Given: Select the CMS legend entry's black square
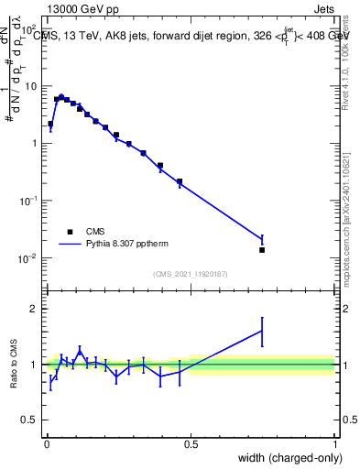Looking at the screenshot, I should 70,233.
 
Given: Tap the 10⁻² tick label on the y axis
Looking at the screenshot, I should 29,257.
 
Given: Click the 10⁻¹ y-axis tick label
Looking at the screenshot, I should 29,201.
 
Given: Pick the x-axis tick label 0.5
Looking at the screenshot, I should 191,443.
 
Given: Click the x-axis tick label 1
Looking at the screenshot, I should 335,443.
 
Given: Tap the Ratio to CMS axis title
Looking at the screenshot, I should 14,365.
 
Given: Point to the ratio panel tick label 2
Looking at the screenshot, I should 34,309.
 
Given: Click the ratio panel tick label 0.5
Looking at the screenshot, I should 30,420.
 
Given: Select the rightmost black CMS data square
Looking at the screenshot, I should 262,250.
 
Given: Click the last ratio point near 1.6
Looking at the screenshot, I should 262,331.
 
